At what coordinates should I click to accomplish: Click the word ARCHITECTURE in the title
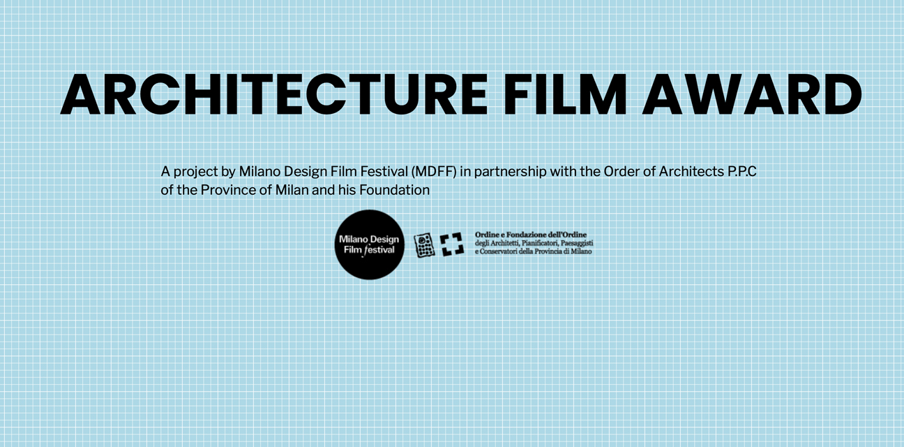(274, 94)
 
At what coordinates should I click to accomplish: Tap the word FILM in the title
(565, 94)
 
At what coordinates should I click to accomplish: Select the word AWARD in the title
(752, 94)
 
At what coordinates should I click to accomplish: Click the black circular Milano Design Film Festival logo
(369, 244)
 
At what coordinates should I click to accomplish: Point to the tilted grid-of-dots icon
(424, 245)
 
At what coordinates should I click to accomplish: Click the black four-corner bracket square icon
(451, 244)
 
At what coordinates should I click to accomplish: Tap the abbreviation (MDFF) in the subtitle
(434, 172)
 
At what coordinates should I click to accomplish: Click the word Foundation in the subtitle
(394, 190)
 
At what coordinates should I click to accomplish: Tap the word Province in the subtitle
(228, 190)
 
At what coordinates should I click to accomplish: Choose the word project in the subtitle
(195, 173)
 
